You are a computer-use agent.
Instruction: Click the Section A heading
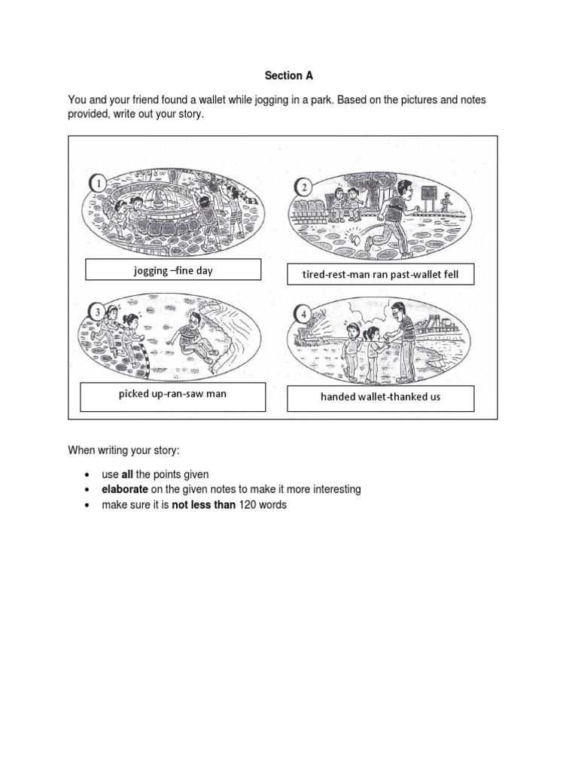click(x=288, y=76)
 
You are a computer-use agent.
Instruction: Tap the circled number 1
click(x=96, y=182)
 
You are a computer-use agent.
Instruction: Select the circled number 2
click(x=303, y=187)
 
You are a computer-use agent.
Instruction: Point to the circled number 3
click(x=96, y=310)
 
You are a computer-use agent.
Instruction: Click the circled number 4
click(x=303, y=312)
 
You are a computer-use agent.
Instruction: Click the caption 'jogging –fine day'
click(x=172, y=271)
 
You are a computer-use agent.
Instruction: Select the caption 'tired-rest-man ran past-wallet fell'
click(x=380, y=275)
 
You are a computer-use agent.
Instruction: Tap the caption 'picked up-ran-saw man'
click(x=172, y=394)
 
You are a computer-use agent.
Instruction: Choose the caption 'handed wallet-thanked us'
click(x=380, y=397)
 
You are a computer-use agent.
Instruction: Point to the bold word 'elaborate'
click(x=125, y=489)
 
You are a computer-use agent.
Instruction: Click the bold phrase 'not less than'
click(x=203, y=505)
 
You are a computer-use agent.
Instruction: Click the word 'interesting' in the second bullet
click(x=335, y=489)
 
